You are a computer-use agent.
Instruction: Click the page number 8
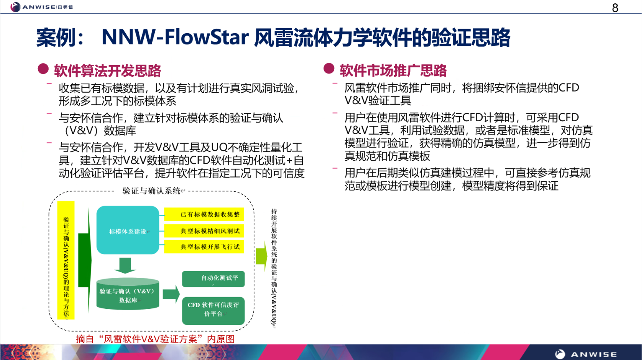tap(615, 8)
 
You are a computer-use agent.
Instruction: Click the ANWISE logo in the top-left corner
tap(42, 7)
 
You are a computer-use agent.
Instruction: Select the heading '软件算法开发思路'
tap(107, 71)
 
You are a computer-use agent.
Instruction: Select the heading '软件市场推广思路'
tap(393, 70)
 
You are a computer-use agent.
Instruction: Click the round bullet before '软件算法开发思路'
tap(43, 69)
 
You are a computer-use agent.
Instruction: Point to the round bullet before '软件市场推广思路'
tap(329, 68)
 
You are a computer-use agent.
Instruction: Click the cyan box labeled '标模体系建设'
tap(128, 230)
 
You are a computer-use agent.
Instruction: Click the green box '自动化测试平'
tap(213, 279)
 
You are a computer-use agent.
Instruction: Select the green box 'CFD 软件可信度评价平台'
tap(213, 310)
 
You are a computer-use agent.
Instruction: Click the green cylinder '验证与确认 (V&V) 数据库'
tap(127, 295)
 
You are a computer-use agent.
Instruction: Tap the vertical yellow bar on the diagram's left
tap(66, 260)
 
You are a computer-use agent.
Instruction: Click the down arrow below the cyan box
tap(125, 266)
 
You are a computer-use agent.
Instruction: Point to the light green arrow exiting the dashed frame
tap(262, 256)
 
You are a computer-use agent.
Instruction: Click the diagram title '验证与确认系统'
tap(152, 191)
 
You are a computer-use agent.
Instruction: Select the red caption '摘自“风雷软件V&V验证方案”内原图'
tap(155, 339)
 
